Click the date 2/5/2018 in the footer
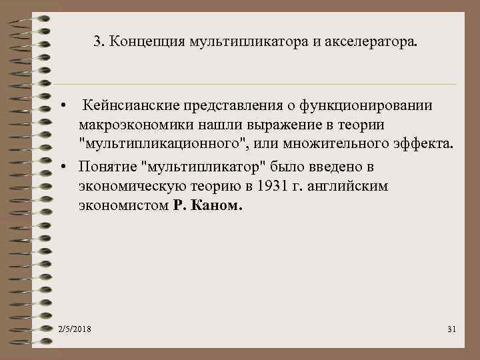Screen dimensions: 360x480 click(x=75, y=330)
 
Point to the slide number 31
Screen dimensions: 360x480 click(x=450, y=330)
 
